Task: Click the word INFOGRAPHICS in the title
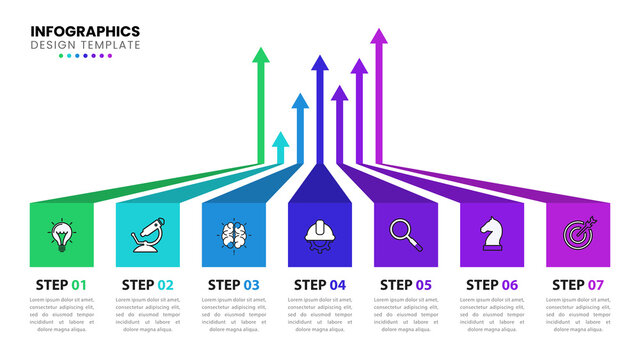click(85, 31)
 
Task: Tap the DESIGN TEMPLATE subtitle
click(85, 45)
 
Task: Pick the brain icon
click(233, 234)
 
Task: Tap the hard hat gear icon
click(319, 234)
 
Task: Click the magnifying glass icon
click(405, 234)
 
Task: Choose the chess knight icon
click(491, 234)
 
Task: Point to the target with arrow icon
click(578, 234)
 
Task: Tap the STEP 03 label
click(233, 284)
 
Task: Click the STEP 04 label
click(319, 284)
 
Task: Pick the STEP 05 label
click(405, 284)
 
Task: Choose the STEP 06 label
click(491, 284)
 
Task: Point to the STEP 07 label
click(578, 284)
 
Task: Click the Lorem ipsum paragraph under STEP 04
click(319, 315)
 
